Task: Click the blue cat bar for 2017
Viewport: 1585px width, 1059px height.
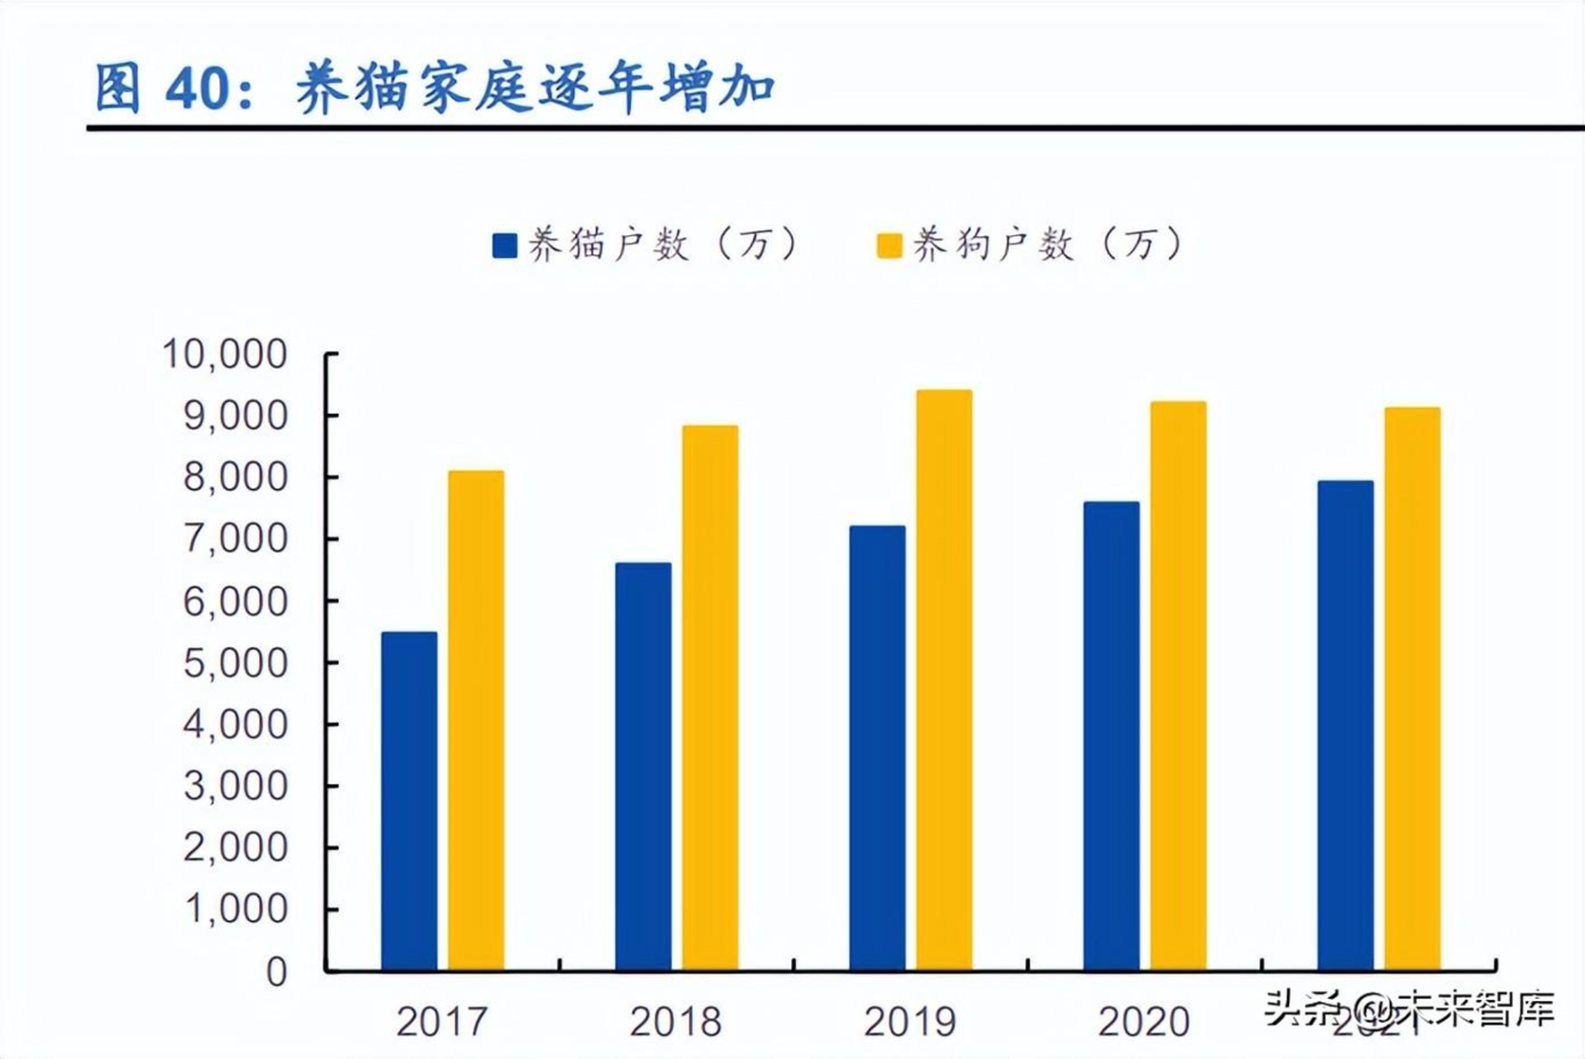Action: pos(409,801)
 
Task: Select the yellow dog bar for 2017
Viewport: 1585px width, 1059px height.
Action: pos(476,720)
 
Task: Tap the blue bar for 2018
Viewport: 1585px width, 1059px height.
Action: pos(644,766)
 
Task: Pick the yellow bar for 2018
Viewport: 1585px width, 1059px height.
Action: pos(710,697)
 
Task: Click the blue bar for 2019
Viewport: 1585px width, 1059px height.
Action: pos(878,748)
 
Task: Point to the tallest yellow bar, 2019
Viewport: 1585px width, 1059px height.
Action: pos(944,679)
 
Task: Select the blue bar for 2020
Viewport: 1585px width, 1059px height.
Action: pos(1111,735)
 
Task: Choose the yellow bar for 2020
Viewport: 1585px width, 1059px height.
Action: pos(1179,686)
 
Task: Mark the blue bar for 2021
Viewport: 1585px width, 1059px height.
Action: pos(1345,725)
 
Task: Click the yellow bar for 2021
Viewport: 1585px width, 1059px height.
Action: pos(1413,689)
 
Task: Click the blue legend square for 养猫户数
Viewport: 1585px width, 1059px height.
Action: pos(505,245)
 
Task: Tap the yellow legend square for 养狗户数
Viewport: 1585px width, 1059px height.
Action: pos(889,245)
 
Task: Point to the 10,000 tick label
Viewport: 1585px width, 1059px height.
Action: pos(225,354)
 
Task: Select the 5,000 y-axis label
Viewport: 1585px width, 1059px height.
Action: pos(234,663)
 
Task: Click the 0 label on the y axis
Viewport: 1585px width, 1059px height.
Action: pos(276,971)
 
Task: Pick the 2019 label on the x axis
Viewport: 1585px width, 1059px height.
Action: pos(910,1022)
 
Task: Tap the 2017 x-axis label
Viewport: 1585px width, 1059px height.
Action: pos(442,1022)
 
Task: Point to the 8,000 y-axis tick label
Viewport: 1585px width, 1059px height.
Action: pos(234,478)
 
